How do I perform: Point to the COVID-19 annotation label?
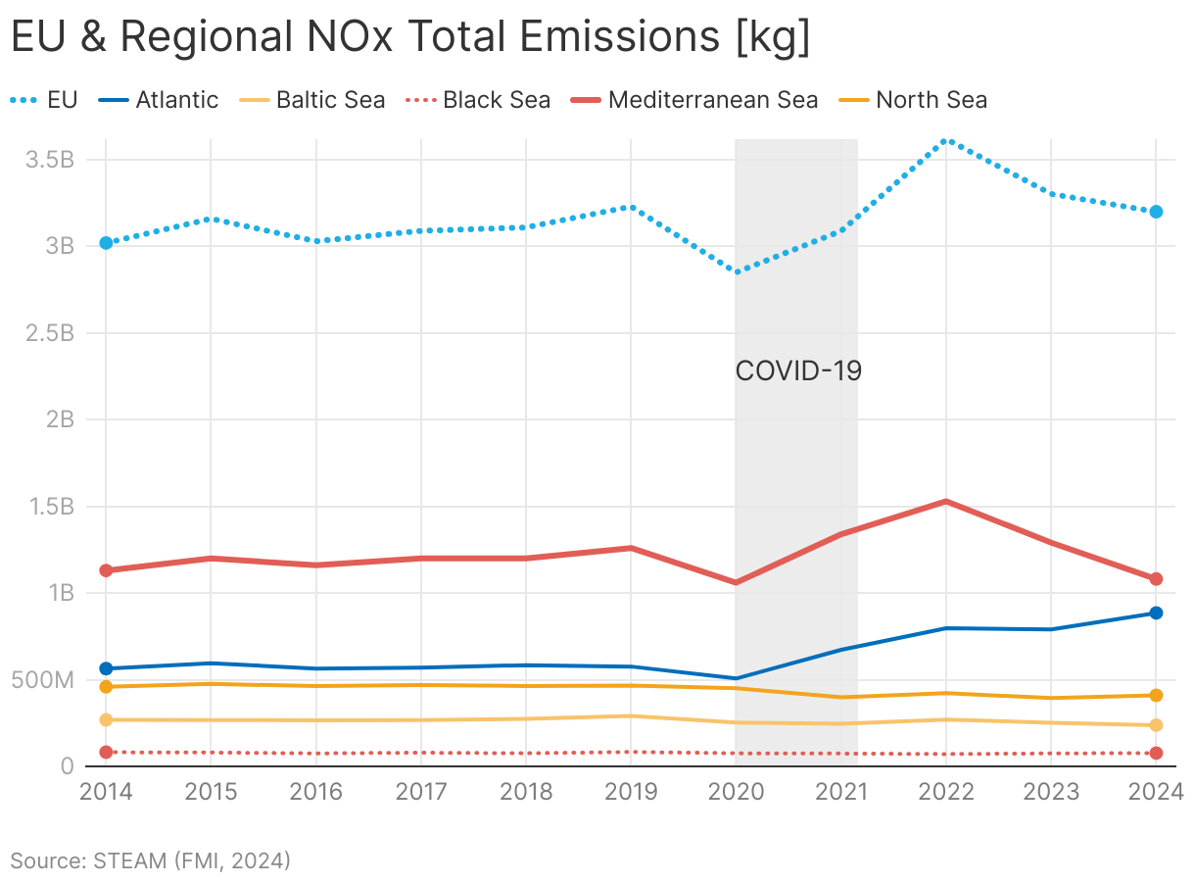tap(798, 371)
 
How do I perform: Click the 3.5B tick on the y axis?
tap(51, 160)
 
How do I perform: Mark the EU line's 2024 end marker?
tap(1156, 212)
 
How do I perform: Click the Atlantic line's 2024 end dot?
tap(1156, 614)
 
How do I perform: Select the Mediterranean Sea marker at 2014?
tap(106, 570)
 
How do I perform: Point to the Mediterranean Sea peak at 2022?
tap(945, 502)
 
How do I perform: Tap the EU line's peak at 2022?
tap(945, 140)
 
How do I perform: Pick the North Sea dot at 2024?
tap(1156, 696)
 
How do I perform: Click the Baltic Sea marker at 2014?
tap(106, 720)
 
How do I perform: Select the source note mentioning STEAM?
tap(151, 861)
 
